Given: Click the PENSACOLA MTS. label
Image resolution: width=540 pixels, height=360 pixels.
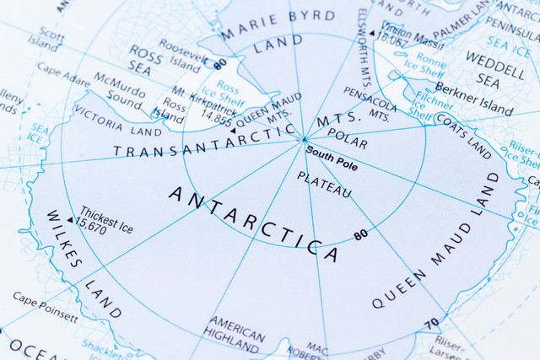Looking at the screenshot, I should [x=369, y=110].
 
